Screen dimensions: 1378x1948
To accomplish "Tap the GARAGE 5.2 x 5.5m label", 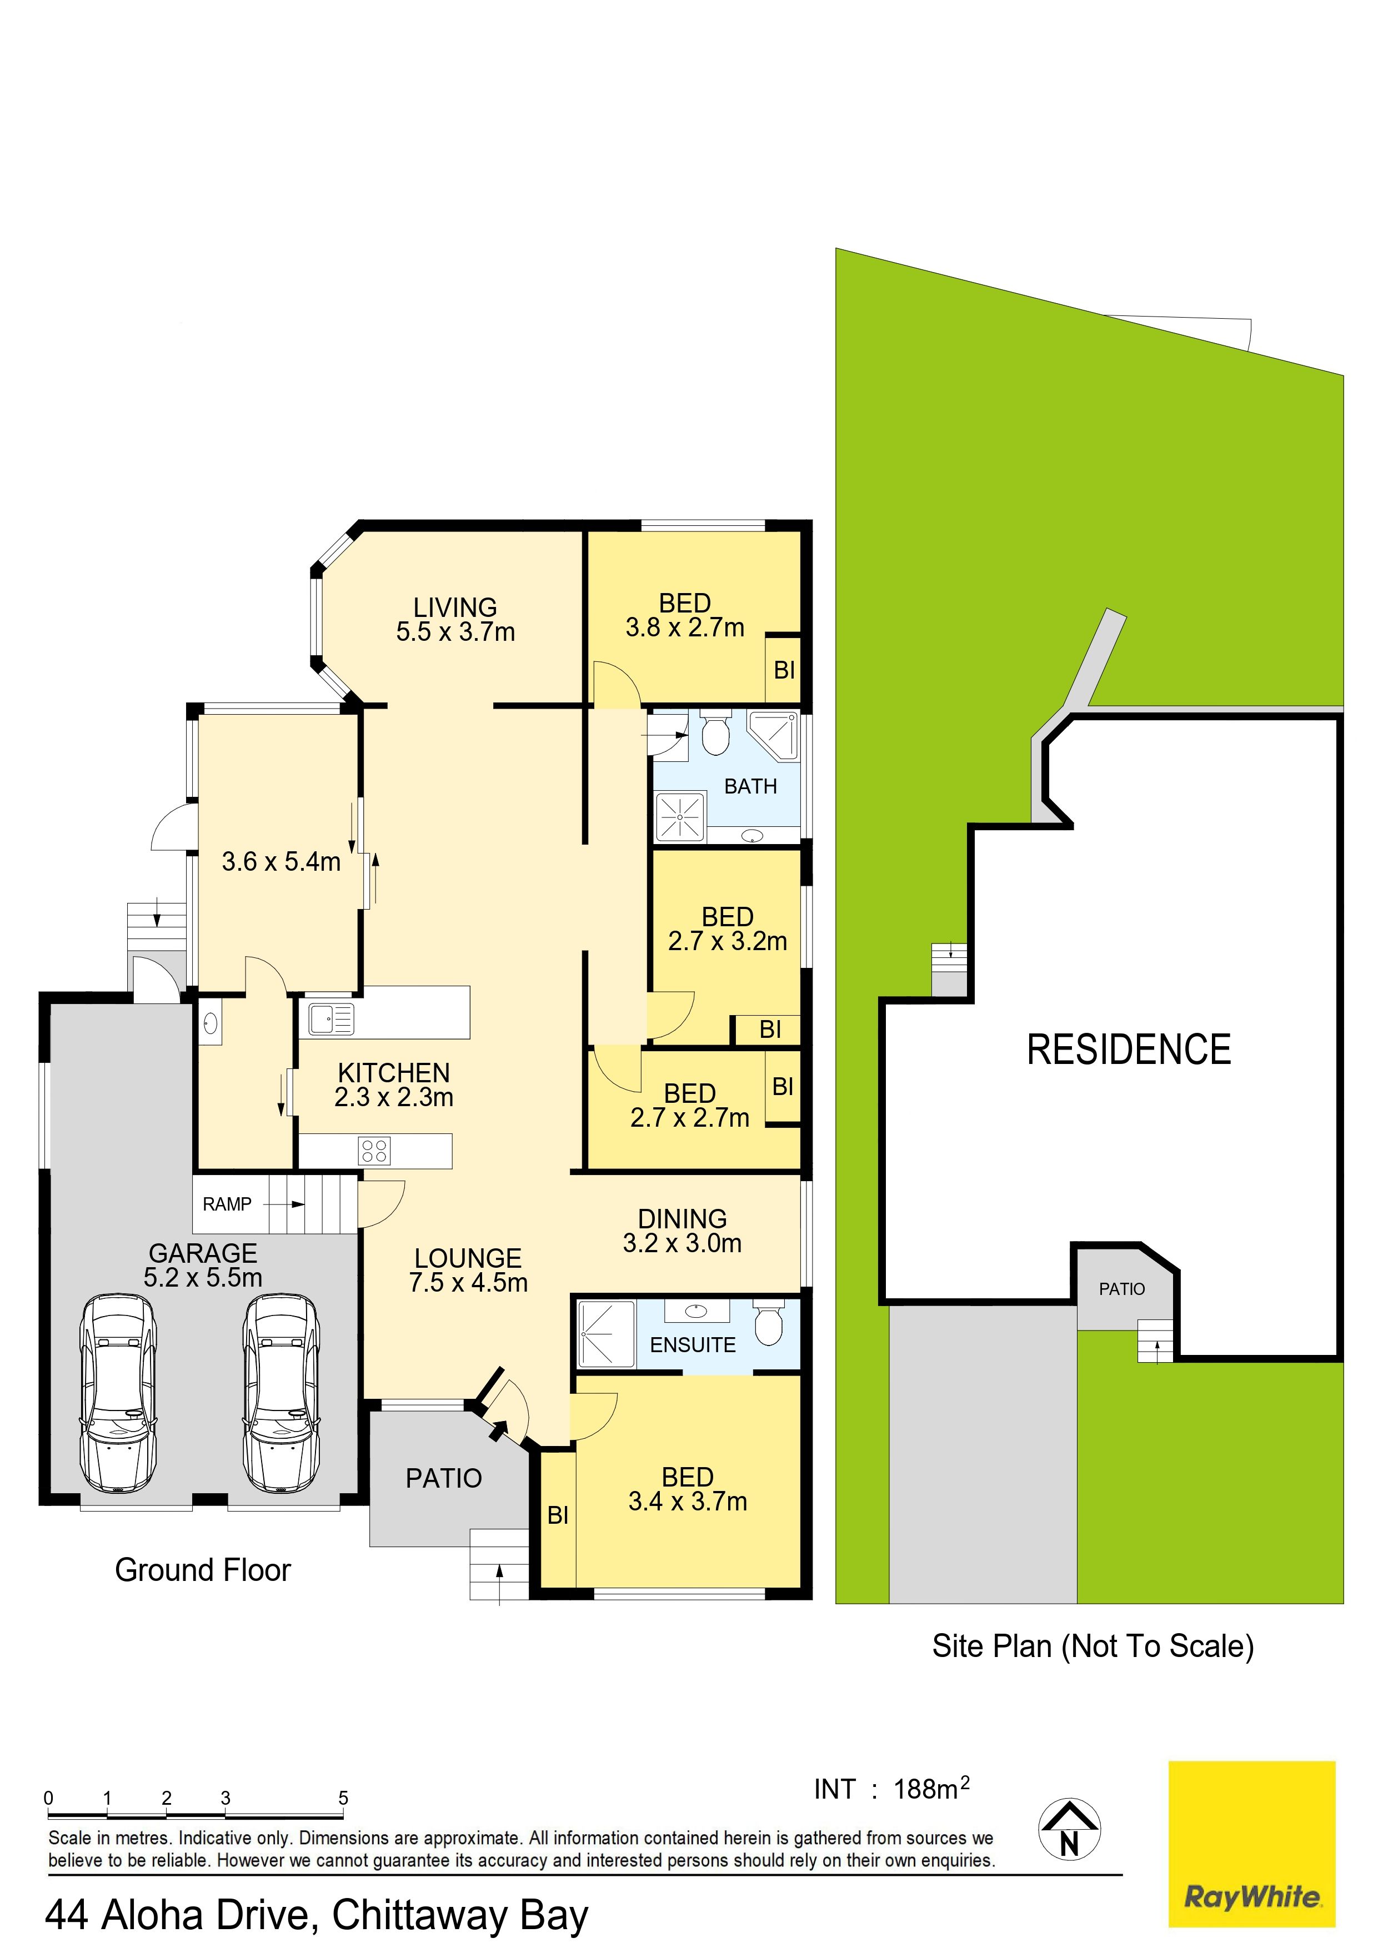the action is pos(203,1265).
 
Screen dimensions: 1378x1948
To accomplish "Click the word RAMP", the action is pos(227,1204).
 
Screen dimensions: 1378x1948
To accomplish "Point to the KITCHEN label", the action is pos(394,1072).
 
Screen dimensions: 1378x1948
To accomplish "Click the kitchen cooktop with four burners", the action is pos(374,1151).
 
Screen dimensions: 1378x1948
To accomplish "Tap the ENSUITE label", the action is pos(693,1345).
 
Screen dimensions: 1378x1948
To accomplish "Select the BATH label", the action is pos(750,786).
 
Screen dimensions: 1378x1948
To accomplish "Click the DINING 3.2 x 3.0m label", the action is pos(682,1231).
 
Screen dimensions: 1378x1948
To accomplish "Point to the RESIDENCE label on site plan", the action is pos(1129,1050).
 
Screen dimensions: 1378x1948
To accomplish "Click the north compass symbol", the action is pos(1069,1829).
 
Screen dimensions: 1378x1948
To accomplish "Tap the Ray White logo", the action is pos(1251,1844).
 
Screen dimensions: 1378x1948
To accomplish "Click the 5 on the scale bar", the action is pos(343,1798).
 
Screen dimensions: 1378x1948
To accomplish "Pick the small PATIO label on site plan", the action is pos(1122,1289).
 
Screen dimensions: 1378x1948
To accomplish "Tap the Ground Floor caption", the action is pos(203,1570).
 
